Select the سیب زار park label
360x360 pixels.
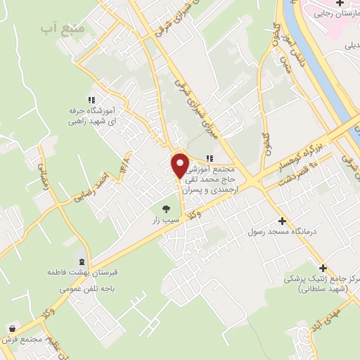point(167,220)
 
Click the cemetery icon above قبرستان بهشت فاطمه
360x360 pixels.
point(83,261)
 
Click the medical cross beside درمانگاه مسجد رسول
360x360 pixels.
point(282,220)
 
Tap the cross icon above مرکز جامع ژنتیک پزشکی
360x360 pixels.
point(323,267)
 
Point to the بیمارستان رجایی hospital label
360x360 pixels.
point(335,13)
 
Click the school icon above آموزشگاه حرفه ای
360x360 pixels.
point(91,99)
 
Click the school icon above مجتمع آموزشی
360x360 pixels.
point(209,159)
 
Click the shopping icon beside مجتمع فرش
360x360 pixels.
point(13,328)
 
